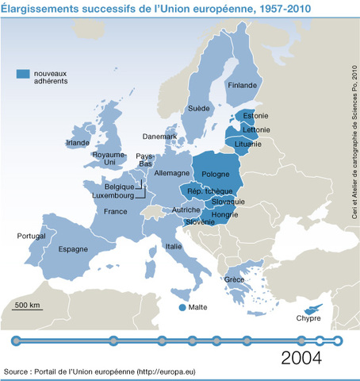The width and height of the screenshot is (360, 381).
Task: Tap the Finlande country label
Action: point(243,85)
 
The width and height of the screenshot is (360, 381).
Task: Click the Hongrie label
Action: point(224,213)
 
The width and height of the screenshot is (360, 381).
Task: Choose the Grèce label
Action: point(234,279)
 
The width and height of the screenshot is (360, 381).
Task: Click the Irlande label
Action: point(78,143)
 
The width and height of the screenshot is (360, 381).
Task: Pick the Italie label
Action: point(174,246)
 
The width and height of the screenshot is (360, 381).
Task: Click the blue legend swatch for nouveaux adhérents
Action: point(25,74)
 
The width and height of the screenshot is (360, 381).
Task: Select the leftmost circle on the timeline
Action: point(16,341)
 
